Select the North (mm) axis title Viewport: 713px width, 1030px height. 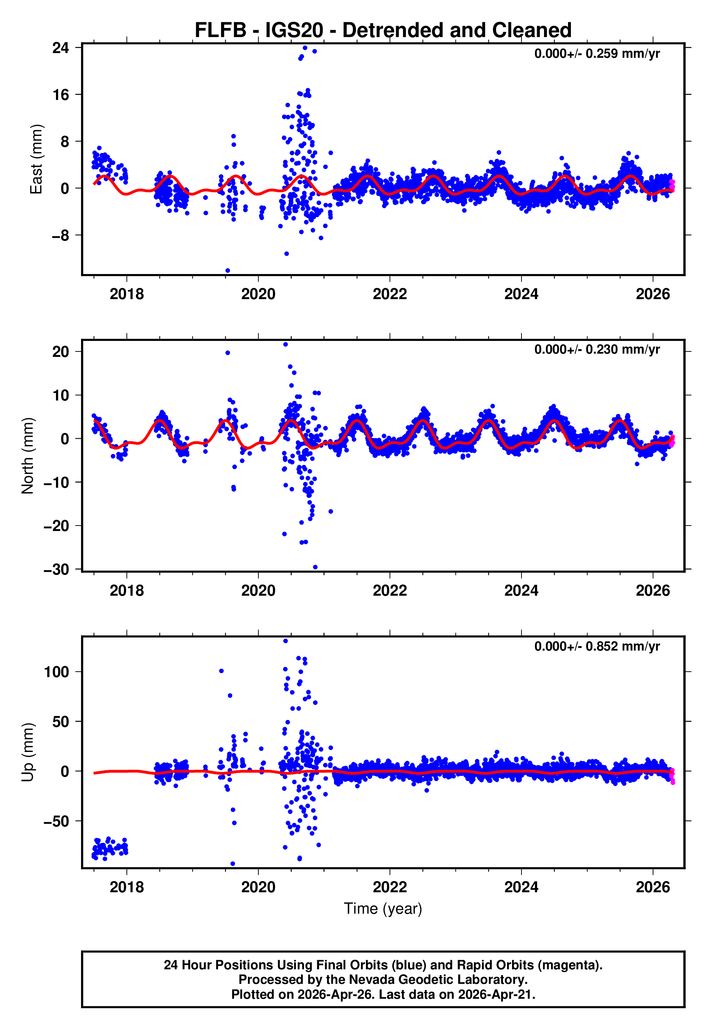click(x=28, y=456)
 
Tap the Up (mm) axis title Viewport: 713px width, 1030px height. click(x=28, y=752)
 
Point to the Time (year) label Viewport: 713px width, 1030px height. click(x=383, y=909)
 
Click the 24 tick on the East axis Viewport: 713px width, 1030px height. click(x=61, y=48)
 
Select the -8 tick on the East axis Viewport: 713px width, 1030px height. click(x=61, y=236)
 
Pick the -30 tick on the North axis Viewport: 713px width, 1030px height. click(x=57, y=570)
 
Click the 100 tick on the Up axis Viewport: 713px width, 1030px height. click(x=57, y=672)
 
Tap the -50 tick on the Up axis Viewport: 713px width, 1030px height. click(x=57, y=821)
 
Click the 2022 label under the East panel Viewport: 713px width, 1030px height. click(x=390, y=294)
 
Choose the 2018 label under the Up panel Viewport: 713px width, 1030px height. click(x=127, y=887)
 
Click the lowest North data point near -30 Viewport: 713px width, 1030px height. click(x=315, y=567)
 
